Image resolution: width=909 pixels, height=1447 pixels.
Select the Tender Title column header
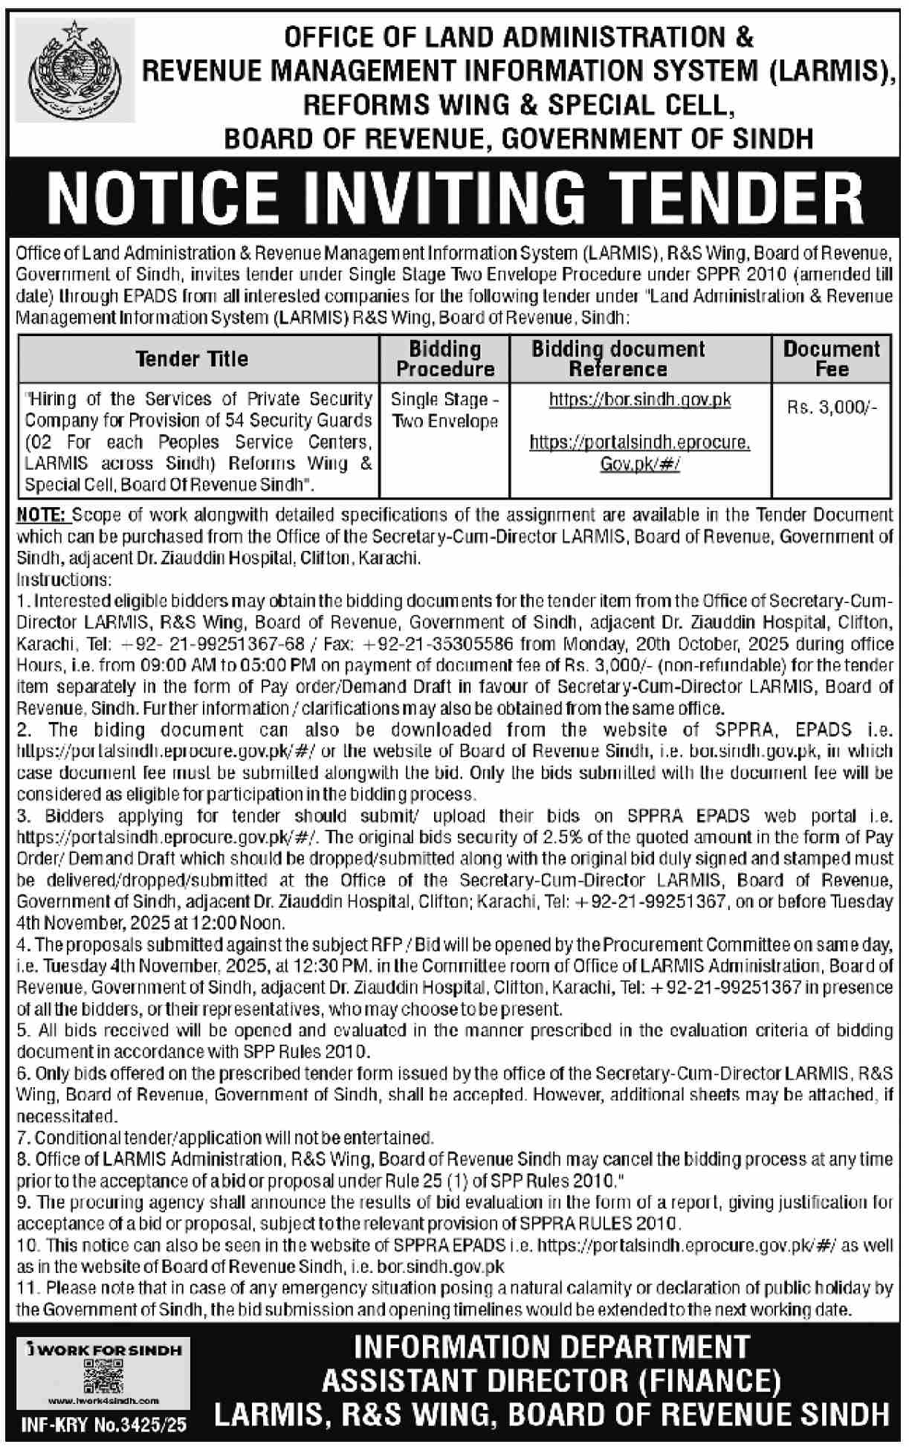[x=193, y=359]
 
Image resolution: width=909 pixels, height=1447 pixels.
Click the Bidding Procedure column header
[x=444, y=359]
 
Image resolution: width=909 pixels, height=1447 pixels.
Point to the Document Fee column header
[x=831, y=359]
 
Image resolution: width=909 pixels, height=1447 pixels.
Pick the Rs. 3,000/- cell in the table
[x=831, y=407]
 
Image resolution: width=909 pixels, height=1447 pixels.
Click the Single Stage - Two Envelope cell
[x=444, y=410]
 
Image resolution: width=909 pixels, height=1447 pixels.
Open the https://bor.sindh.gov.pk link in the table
[x=640, y=400]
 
